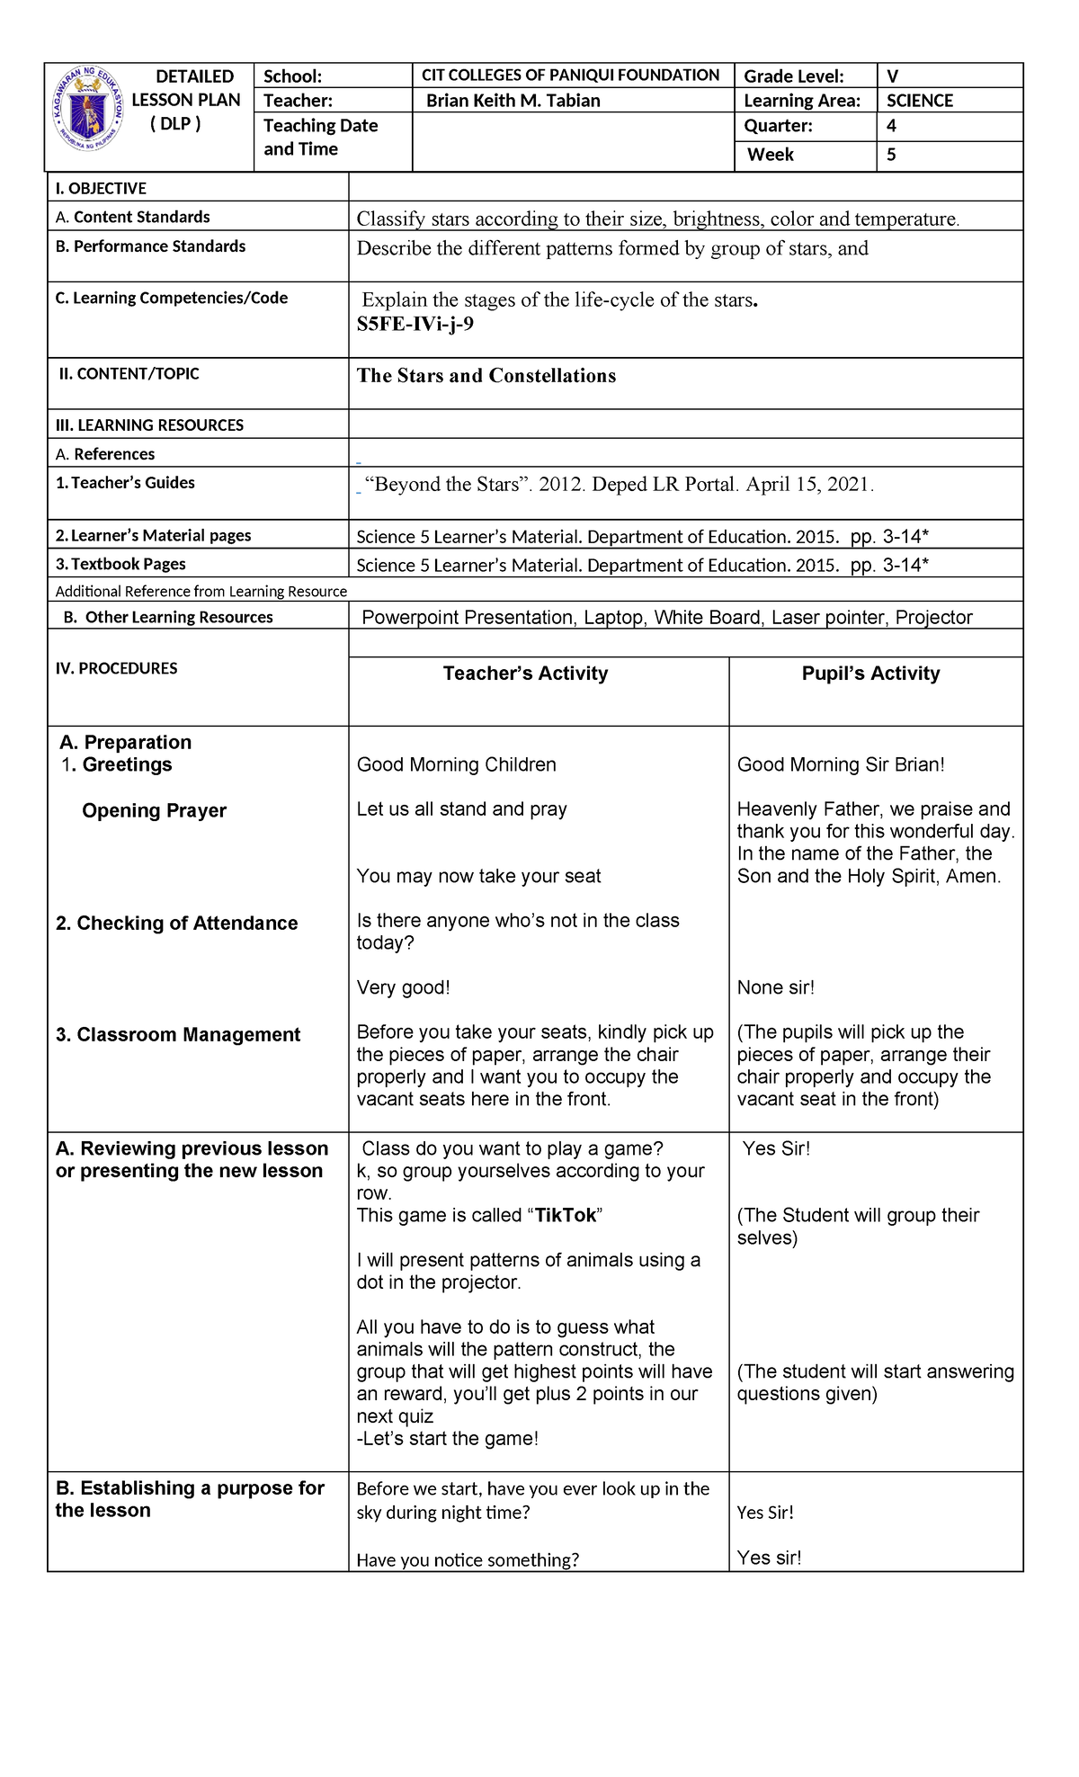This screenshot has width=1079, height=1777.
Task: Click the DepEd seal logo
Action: (87, 110)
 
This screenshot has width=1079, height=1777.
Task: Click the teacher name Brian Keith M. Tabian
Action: (513, 101)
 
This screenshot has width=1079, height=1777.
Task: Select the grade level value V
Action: (892, 76)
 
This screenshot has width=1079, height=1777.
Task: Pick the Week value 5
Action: (891, 155)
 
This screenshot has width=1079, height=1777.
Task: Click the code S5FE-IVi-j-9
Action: (415, 325)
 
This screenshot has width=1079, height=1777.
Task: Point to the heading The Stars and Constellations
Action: (486, 376)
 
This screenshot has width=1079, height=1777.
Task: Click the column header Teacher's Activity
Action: (525, 674)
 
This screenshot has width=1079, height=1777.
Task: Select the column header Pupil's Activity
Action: (870, 674)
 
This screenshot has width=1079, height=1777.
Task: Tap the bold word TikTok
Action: (566, 1216)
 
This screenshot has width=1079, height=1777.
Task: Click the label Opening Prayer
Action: (154, 810)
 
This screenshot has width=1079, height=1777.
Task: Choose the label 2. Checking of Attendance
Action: (176, 923)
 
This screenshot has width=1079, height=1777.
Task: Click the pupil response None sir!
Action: (775, 987)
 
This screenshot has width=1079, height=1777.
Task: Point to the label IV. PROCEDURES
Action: (116, 668)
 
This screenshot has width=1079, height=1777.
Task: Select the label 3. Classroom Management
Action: (177, 1034)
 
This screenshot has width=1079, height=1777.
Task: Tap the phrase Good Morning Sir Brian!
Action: (840, 764)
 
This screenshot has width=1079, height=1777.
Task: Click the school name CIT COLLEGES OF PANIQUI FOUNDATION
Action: (570, 76)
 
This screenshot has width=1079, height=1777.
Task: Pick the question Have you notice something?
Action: (468, 1559)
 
